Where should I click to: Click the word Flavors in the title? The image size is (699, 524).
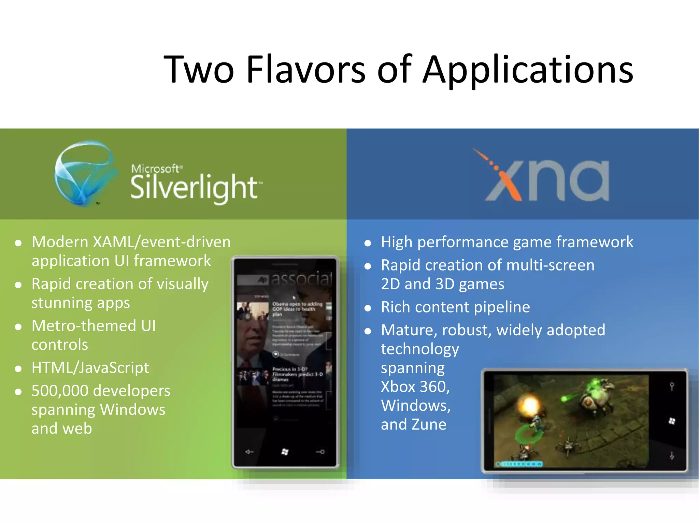[x=306, y=70]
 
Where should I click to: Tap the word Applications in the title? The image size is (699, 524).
[x=528, y=70]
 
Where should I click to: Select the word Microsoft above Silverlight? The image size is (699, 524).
[x=155, y=169]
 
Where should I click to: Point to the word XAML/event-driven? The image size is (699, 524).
[x=162, y=242]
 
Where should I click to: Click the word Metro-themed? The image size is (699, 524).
[x=84, y=325]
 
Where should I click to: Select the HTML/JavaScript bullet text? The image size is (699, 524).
[x=90, y=368]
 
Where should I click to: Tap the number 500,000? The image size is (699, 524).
[x=60, y=391]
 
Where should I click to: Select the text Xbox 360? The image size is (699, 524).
[x=415, y=387]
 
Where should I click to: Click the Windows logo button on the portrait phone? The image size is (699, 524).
[x=285, y=452]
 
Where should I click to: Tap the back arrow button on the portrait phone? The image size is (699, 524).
[x=249, y=452]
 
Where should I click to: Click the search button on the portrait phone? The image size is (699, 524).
[x=320, y=452]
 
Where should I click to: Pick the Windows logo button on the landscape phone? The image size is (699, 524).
[x=672, y=421]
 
